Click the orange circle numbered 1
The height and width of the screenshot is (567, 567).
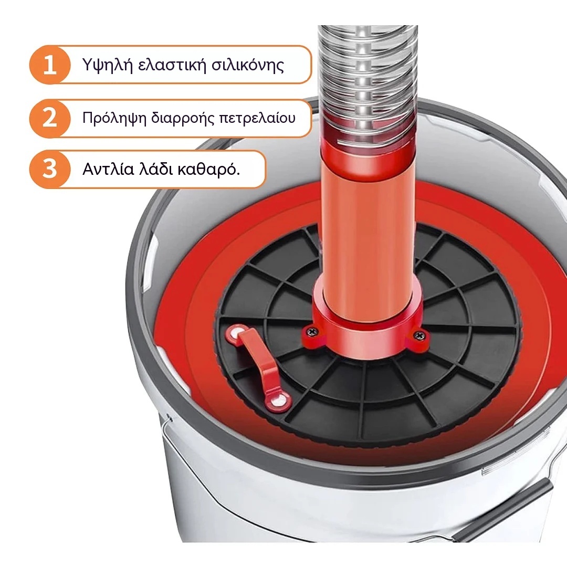(x=50, y=65)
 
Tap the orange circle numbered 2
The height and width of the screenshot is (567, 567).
(x=50, y=118)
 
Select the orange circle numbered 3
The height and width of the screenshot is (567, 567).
(x=50, y=169)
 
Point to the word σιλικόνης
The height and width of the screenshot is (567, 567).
(x=248, y=66)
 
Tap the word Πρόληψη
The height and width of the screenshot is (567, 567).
(x=114, y=119)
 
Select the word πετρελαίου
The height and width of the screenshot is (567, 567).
(x=257, y=119)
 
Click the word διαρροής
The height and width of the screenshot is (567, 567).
(x=182, y=119)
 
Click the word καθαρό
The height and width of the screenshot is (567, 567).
(x=208, y=169)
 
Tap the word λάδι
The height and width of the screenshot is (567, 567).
(x=155, y=169)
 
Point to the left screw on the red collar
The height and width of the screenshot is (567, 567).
(x=311, y=331)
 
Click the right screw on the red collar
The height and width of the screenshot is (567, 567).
(x=419, y=336)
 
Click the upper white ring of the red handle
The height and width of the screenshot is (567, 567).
(x=236, y=333)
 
